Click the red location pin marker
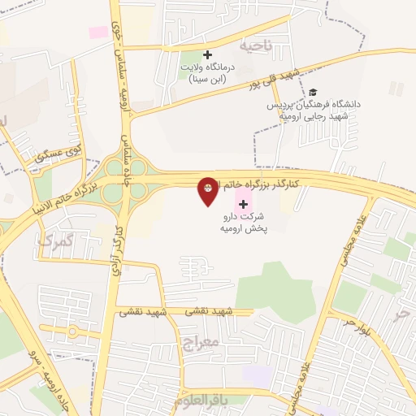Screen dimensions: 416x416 pyautogui.click(x=208, y=191)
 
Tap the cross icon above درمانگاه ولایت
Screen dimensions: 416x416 pyautogui.click(x=207, y=54)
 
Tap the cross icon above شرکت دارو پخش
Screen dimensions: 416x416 pyautogui.click(x=243, y=203)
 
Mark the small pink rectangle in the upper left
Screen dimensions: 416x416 pyautogui.click(x=98, y=32)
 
